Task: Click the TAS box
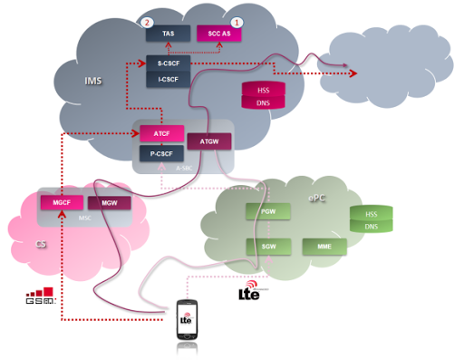(169, 33)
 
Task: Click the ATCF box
(161, 135)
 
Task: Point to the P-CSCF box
(161, 153)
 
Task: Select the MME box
(323, 246)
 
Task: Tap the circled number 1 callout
(238, 20)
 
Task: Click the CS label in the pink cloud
(40, 244)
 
